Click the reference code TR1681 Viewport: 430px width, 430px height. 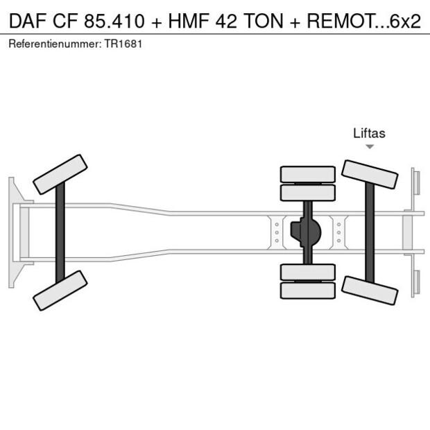click(125, 44)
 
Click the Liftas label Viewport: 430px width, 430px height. click(369, 133)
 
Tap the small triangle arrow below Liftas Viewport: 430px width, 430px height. click(370, 147)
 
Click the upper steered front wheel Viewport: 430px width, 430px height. click(60, 174)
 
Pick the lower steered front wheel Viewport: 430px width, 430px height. click(60, 290)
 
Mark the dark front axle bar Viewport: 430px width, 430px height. click(60, 232)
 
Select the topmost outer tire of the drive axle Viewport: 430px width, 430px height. click(307, 173)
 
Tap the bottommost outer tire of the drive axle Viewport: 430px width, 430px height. click(307, 291)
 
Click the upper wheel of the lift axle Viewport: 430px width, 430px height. click(370, 174)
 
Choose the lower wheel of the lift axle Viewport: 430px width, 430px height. click(370, 289)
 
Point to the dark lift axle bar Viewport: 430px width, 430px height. click(370, 232)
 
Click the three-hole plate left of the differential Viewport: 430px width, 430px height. click(277, 232)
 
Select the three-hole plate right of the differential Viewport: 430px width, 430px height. click(339, 232)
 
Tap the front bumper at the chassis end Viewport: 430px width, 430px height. click(12, 232)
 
